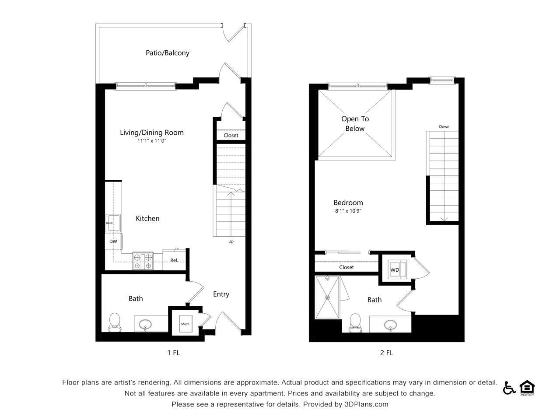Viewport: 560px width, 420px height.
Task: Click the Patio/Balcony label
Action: pyautogui.click(x=167, y=53)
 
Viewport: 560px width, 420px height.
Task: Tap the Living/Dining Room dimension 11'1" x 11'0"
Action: pyautogui.click(x=152, y=141)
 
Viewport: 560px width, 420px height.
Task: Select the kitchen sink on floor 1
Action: pyautogui.click(x=112, y=223)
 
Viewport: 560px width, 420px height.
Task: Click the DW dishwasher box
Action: pyautogui.click(x=113, y=241)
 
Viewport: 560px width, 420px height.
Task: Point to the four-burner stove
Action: pyautogui.click(x=143, y=261)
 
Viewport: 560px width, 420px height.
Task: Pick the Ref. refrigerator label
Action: pyautogui.click(x=174, y=260)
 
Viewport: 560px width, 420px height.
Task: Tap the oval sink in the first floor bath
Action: pyautogui.click(x=145, y=325)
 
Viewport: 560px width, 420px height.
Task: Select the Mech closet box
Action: pyautogui.click(x=185, y=324)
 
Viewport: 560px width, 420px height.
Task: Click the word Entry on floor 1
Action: pyautogui.click(x=221, y=294)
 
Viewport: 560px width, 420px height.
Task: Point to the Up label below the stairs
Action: pyautogui.click(x=231, y=241)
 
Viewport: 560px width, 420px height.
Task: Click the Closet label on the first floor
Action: pyautogui.click(x=231, y=135)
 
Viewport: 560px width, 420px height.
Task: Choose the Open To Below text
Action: pyautogui.click(x=355, y=123)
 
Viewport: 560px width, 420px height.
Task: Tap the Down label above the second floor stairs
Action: pyautogui.click(x=444, y=127)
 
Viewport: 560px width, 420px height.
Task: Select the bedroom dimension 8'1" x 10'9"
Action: pyautogui.click(x=348, y=211)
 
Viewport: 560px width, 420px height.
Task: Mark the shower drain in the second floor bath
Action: pyautogui.click(x=327, y=297)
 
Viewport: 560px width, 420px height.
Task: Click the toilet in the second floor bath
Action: pyautogui.click(x=355, y=323)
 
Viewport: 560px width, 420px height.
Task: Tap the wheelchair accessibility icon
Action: pyautogui.click(x=509, y=388)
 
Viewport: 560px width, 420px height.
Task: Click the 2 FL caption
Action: pyautogui.click(x=386, y=353)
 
